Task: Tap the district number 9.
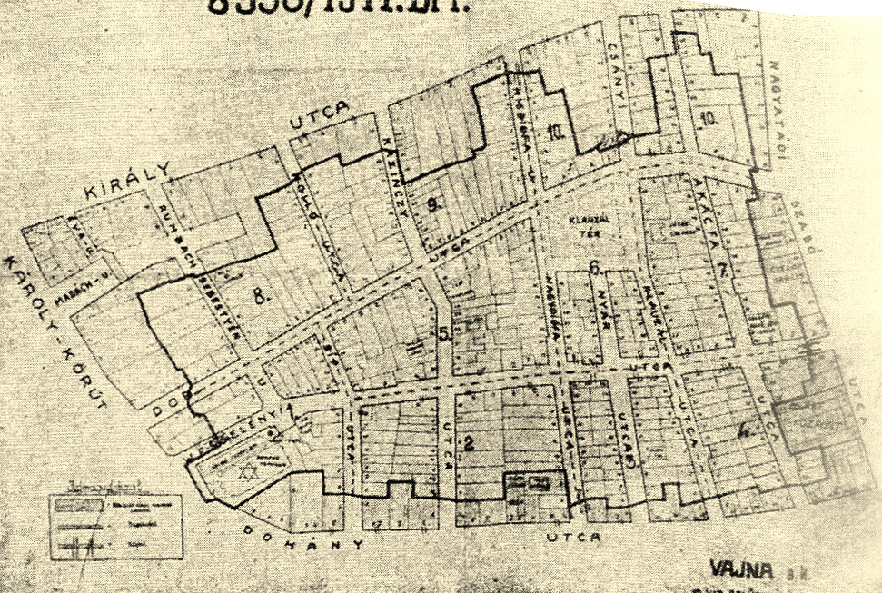click(433, 204)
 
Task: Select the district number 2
click(470, 444)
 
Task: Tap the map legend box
click(114, 519)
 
